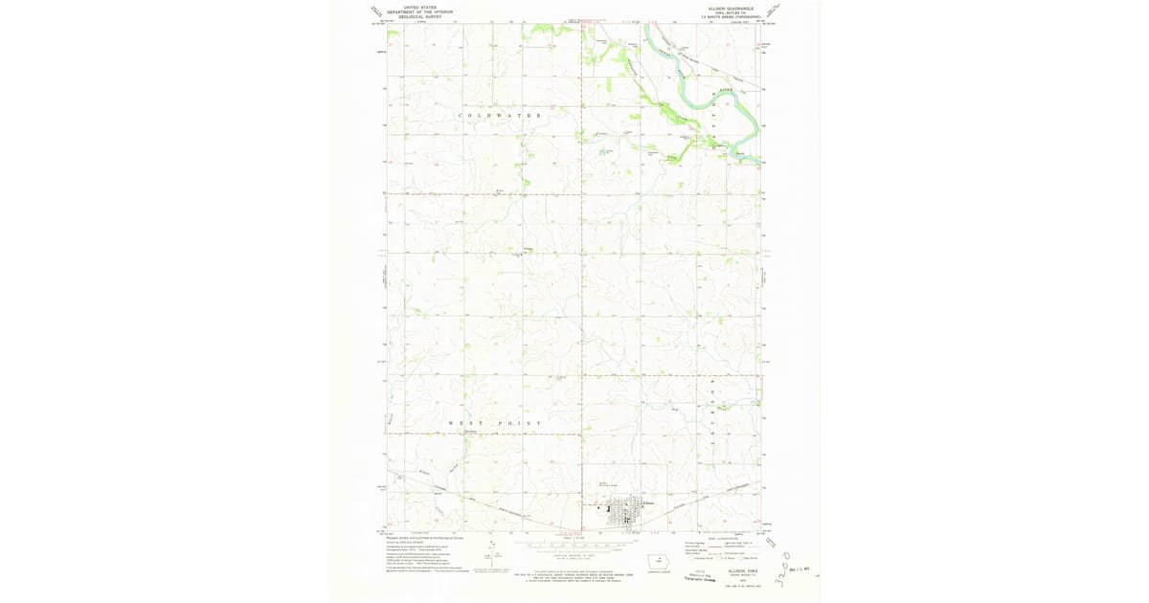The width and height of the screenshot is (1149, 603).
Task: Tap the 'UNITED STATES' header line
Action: pyautogui.click(x=420, y=7)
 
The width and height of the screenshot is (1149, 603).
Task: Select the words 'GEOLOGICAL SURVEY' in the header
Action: pyautogui.click(x=420, y=17)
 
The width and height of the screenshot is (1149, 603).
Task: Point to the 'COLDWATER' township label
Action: pyautogui.click(x=500, y=116)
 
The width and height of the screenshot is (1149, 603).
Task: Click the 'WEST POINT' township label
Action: pyautogui.click(x=495, y=422)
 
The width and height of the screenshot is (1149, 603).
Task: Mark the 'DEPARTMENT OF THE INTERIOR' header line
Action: pyautogui.click(x=420, y=11)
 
